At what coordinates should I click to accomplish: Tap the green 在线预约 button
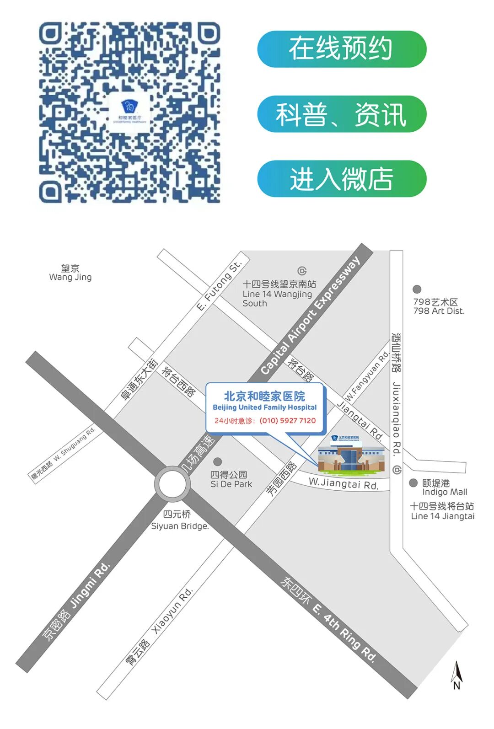341,49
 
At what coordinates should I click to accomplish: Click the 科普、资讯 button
341,114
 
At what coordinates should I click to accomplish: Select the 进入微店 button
341,178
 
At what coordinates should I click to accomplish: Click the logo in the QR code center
130,112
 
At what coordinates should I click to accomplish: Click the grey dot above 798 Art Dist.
417,289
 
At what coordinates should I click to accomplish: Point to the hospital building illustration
351,454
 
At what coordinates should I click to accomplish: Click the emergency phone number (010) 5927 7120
287,421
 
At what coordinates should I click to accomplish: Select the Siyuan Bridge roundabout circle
172,483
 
